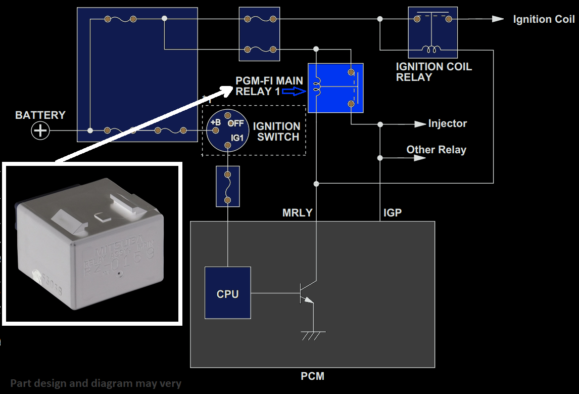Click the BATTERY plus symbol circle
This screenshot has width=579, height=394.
click(40, 131)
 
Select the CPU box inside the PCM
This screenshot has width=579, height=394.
click(227, 293)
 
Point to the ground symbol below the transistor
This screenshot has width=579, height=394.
click(313, 334)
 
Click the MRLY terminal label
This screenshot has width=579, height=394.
click(297, 213)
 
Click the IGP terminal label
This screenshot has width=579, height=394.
click(392, 213)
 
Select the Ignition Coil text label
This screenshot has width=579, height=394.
click(544, 19)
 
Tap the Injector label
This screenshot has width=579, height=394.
click(447, 124)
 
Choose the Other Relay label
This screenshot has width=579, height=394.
click(436, 150)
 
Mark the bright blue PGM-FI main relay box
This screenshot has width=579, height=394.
click(335, 88)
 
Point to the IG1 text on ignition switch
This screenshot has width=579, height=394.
click(237, 137)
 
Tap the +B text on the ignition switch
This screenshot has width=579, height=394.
click(215, 122)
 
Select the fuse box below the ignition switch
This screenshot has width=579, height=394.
click(227, 186)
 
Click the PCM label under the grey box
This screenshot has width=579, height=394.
click(312, 376)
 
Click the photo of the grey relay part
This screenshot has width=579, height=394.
click(91, 243)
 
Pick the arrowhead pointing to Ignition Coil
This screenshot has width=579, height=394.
click(498, 19)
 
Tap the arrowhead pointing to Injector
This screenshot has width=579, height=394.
click(420, 124)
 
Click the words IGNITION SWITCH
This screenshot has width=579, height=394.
click(276, 132)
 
